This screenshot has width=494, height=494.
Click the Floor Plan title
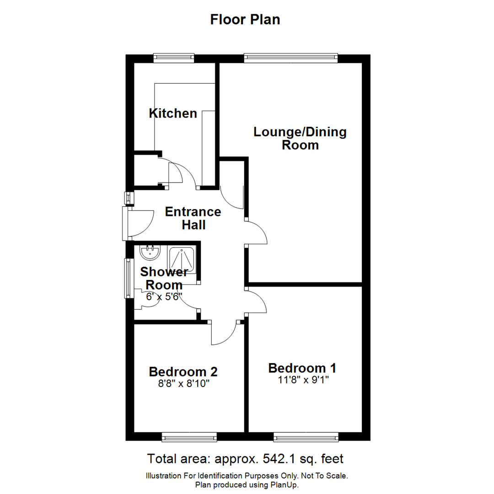tap(245, 20)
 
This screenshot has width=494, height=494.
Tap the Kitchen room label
tap(173, 113)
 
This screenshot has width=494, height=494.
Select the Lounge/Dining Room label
tap(300, 139)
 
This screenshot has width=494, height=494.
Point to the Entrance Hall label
tap(193, 218)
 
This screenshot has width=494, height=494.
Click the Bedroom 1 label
tap(302, 368)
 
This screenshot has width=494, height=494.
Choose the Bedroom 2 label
tap(183, 371)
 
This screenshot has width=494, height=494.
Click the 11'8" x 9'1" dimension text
tap(302, 380)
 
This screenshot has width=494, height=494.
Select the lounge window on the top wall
tap(291, 58)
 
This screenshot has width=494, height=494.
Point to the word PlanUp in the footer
tap(286, 485)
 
